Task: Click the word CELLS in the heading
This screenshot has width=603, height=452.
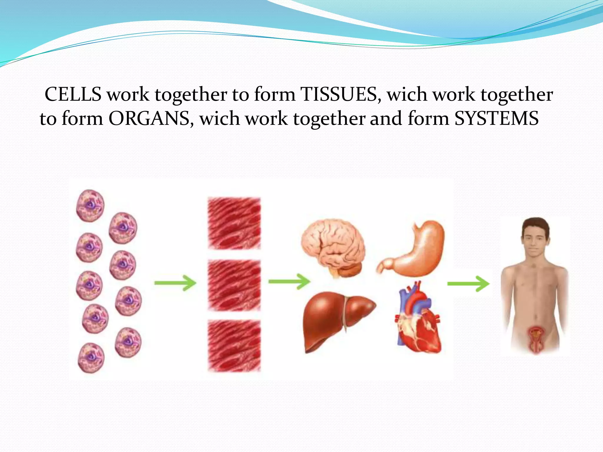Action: click(73, 95)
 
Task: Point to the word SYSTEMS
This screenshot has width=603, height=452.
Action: click(496, 119)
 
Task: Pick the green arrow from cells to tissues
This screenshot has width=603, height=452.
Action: click(175, 283)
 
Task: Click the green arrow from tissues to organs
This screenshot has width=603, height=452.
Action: click(289, 282)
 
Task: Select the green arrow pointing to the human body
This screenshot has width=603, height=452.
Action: click(468, 284)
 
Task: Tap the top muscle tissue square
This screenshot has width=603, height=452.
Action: click(234, 223)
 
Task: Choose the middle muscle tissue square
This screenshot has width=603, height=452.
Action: click(234, 285)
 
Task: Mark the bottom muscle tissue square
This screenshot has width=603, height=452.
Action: click(234, 345)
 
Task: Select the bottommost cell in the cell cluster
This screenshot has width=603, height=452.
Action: click(91, 358)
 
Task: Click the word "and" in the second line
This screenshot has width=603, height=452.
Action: click(386, 119)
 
